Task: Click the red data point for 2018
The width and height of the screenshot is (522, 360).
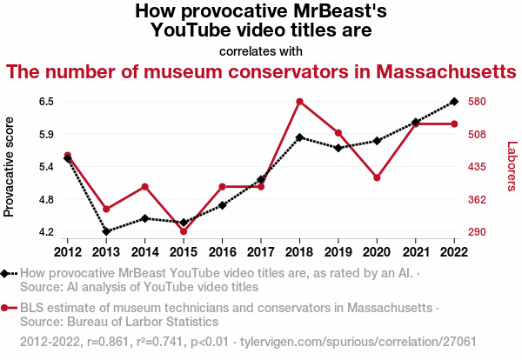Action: pos(299,102)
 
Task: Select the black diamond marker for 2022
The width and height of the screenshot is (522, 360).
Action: pos(454,102)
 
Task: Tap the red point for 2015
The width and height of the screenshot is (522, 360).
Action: pos(184,231)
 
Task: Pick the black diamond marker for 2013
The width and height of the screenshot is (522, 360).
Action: pos(106,231)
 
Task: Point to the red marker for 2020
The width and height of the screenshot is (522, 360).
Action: pos(377,177)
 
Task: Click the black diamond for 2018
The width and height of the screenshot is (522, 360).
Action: pos(299,137)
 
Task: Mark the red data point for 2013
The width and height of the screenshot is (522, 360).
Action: pos(106,210)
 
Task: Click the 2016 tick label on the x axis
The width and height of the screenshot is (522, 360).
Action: pos(222,252)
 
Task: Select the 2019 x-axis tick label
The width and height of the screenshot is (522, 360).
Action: pos(338,252)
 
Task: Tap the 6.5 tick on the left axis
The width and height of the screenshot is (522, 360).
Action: pos(47,102)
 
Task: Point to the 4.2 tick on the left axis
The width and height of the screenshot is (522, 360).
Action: pos(47,232)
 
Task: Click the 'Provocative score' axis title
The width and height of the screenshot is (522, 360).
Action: pos(10,166)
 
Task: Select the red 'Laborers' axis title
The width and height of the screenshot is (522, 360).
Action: pos(512,166)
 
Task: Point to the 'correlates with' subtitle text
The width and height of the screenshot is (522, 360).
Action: pos(261,50)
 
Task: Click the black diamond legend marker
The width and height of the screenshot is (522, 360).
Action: pos(5,273)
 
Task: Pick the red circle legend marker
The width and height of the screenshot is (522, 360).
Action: pos(5,308)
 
